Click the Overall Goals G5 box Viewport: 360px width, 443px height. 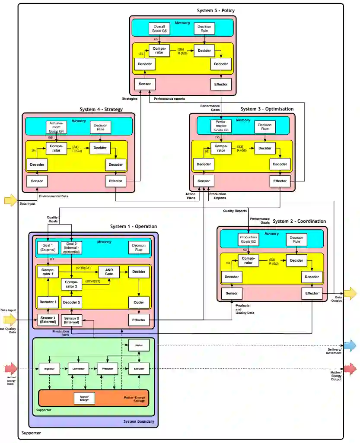pos(159,28)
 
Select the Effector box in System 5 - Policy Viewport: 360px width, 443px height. pos(221,84)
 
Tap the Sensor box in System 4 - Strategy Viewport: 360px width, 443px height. pos(37,180)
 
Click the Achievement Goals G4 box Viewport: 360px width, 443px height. pos(57,127)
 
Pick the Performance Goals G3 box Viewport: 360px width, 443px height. pos(221,126)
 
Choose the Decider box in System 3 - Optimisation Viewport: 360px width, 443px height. pos(264,148)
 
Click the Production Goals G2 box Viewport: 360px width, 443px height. pos(248,240)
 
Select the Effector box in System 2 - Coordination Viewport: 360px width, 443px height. pos(312,294)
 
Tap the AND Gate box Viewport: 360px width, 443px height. pos(109,272)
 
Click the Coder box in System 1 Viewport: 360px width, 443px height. pos(139,302)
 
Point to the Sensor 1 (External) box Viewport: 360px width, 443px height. pos(48,320)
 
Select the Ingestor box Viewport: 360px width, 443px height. pos(49,369)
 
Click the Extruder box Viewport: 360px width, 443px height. pos(139,369)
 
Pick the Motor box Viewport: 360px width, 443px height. pos(139,345)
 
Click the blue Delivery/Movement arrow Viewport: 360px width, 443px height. pos(350,345)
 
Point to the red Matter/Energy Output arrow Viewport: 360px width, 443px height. pos(350,369)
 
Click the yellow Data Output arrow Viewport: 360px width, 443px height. pos(350,294)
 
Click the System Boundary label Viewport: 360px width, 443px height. pos(138,421)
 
